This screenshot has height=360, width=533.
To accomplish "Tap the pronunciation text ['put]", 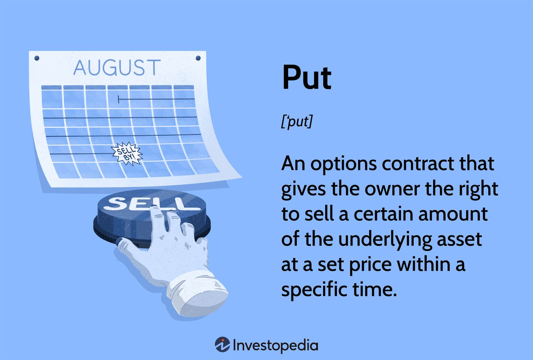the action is pyautogui.click(x=296, y=122).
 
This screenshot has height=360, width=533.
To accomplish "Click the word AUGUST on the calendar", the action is pyautogui.click(x=117, y=68).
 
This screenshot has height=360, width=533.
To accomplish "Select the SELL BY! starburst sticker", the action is pyautogui.click(x=127, y=154).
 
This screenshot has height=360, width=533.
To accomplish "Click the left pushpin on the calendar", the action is pyautogui.click(x=37, y=58).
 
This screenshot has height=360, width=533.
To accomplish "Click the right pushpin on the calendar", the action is pyautogui.click(x=198, y=58).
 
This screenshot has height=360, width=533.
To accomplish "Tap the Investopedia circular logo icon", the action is pyautogui.click(x=222, y=344).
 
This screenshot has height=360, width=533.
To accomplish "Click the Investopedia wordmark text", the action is pyautogui.click(x=275, y=345).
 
